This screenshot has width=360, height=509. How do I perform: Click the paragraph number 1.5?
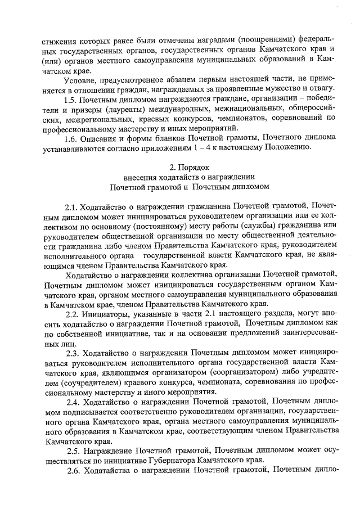[73, 100]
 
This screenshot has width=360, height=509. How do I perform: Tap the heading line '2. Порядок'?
[190, 167]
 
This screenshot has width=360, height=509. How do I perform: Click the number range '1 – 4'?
[226, 148]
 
